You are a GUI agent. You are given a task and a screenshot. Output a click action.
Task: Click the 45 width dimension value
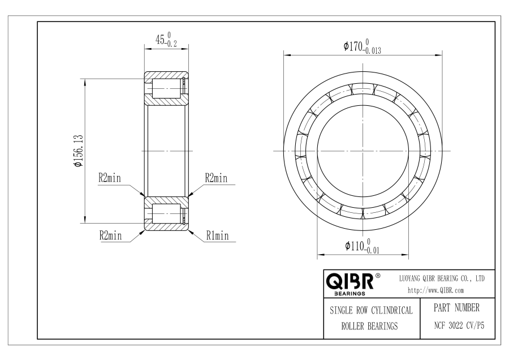point(160,40)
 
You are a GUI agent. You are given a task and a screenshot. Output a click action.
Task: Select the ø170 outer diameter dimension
point(353,46)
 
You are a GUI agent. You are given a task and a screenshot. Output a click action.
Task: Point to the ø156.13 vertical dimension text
point(79,151)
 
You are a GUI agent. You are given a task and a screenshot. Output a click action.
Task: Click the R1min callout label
point(218,235)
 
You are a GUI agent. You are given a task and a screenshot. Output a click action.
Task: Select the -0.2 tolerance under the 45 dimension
point(171,44)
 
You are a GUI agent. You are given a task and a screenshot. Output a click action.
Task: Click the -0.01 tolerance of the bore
point(372,251)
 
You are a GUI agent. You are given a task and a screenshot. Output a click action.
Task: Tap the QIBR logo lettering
point(350,281)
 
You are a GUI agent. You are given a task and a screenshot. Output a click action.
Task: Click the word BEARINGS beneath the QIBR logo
point(350,294)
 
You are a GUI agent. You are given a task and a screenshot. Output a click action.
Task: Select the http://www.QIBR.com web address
point(435,290)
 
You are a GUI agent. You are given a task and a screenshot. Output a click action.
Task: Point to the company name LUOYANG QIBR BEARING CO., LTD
point(442,278)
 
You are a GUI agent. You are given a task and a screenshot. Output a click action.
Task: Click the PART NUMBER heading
point(456,308)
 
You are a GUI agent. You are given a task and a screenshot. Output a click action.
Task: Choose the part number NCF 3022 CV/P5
point(459,325)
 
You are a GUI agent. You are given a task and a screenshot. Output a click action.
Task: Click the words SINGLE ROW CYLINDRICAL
point(371,310)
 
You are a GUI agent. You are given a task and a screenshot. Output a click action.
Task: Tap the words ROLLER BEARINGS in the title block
point(369,326)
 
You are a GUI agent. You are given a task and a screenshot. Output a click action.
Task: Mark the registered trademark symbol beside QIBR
point(378,276)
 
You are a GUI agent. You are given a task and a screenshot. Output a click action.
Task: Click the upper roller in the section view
point(166,88)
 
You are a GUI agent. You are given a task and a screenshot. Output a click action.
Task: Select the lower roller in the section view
point(166,214)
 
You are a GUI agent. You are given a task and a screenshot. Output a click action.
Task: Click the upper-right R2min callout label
point(216,178)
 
